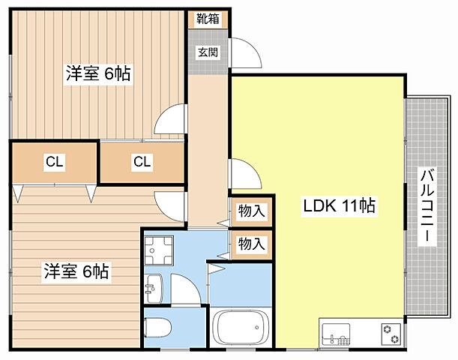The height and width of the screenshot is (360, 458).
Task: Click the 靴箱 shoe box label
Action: [x=208, y=19]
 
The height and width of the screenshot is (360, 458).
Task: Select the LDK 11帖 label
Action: [x=339, y=205]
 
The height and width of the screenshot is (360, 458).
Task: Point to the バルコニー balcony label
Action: [x=427, y=204]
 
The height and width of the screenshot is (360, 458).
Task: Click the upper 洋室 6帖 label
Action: [x=98, y=73]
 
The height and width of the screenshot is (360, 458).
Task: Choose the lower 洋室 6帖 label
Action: [x=75, y=271]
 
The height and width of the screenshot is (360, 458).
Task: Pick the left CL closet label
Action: [x=53, y=161]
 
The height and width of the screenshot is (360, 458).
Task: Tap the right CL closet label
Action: [x=142, y=161]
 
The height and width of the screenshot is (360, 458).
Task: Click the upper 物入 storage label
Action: [x=251, y=211]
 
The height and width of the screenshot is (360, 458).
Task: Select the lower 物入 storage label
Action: [x=251, y=243]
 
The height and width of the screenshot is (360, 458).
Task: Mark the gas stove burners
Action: [x=391, y=331]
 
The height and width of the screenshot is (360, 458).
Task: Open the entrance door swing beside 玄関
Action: [x=246, y=54]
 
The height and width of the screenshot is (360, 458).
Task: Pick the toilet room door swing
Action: [x=184, y=289]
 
